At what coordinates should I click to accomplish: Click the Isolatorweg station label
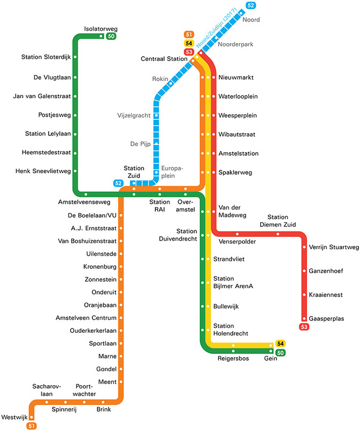click(101, 29)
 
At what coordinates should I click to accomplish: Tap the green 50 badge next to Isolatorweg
click(111, 37)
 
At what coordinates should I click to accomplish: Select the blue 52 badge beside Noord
click(250, 5)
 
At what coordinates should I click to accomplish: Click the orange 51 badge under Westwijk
click(32, 426)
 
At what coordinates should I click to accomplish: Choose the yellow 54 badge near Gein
click(280, 344)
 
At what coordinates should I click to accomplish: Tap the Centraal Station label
click(164, 58)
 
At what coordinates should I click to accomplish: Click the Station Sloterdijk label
click(46, 57)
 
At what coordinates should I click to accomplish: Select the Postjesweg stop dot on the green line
click(75, 115)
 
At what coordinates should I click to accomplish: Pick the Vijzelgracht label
click(133, 115)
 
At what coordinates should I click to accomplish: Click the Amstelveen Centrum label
click(86, 317)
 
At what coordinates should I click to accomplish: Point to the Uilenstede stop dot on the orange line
click(121, 254)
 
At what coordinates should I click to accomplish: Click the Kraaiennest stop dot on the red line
click(304, 295)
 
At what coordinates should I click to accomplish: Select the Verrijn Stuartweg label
click(334, 248)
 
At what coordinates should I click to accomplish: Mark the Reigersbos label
click(233, 358)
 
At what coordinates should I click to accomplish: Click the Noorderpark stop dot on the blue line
click(216, 38)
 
